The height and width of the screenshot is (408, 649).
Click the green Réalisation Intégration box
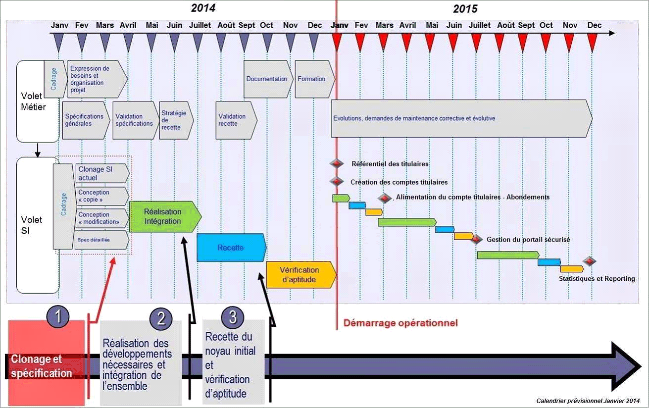click(x=163, y=217)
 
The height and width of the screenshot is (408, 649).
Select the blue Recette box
click(x=231, y=248)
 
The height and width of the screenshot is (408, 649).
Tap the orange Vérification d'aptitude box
click(x=300, y=274)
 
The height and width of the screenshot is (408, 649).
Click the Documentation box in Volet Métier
click(x=267, y=79)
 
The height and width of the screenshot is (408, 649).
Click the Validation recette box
click(x=235, y=120)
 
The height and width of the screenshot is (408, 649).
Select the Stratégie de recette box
click(x=174, y=120)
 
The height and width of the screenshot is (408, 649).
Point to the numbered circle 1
click(x=58, y=317)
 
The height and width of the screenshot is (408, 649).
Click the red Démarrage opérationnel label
click(x=400, y=323)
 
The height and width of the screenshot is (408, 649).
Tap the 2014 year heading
click(x=203, y=8)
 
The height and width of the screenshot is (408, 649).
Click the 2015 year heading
click(x=465, y=8)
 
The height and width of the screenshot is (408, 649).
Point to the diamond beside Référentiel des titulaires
click(x=337, y=164)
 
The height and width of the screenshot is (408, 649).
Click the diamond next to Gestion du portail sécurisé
click(x=476, y=240)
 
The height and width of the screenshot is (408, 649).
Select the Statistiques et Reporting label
click(x=597, y=279)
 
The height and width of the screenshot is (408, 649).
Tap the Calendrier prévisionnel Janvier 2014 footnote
click(x=588, y=401)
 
